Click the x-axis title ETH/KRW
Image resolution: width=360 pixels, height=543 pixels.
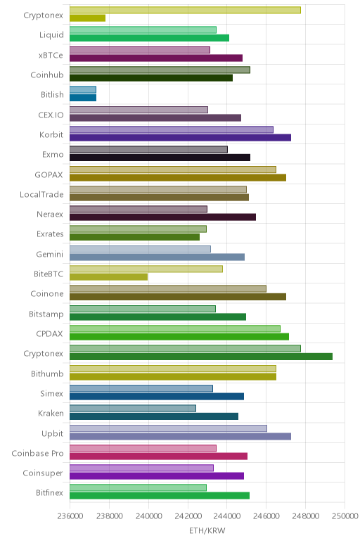[207, 530]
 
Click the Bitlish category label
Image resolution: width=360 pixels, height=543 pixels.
[52, 94]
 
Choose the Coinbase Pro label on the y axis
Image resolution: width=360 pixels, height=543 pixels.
[38, 453]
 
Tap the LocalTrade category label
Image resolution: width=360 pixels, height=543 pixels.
[41, 194]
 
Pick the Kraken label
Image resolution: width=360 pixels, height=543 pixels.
[51, 413]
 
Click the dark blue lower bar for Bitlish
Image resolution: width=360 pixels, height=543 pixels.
[83, 98]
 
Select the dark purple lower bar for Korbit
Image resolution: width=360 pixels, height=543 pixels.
[180, 137]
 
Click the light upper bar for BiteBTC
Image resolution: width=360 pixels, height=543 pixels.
[146, 269]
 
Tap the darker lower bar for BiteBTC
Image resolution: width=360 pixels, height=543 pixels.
[109, 276]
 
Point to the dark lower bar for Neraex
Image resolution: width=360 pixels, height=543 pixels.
[162, 217]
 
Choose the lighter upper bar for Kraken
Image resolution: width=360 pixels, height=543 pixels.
[133, 408]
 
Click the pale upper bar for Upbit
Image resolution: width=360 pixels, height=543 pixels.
[168, 428]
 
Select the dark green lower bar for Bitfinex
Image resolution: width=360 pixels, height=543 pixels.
[160, 496]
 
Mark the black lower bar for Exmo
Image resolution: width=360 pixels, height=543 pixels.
[160, 158]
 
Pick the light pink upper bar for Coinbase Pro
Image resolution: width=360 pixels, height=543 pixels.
[143, 448]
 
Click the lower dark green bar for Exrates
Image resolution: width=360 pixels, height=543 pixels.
[135, 237]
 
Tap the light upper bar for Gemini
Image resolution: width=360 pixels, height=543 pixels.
[140, 249]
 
